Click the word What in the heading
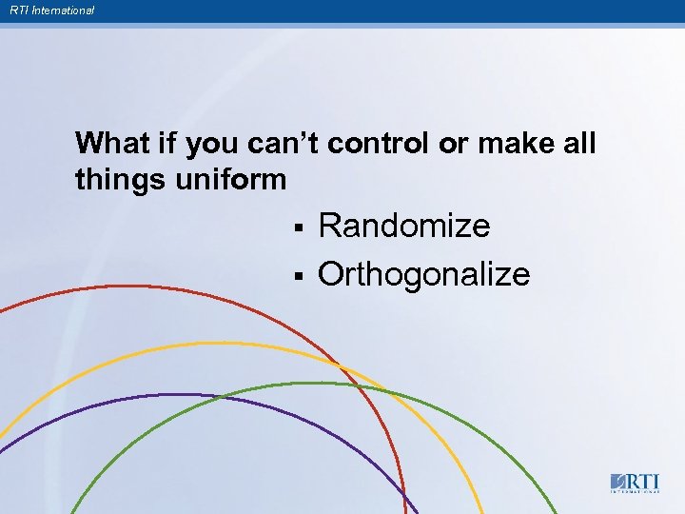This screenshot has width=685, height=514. (108, 144)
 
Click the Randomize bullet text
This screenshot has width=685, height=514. (404, 227)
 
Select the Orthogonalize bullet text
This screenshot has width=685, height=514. (423, 274)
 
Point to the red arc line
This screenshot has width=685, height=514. (143, 287)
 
